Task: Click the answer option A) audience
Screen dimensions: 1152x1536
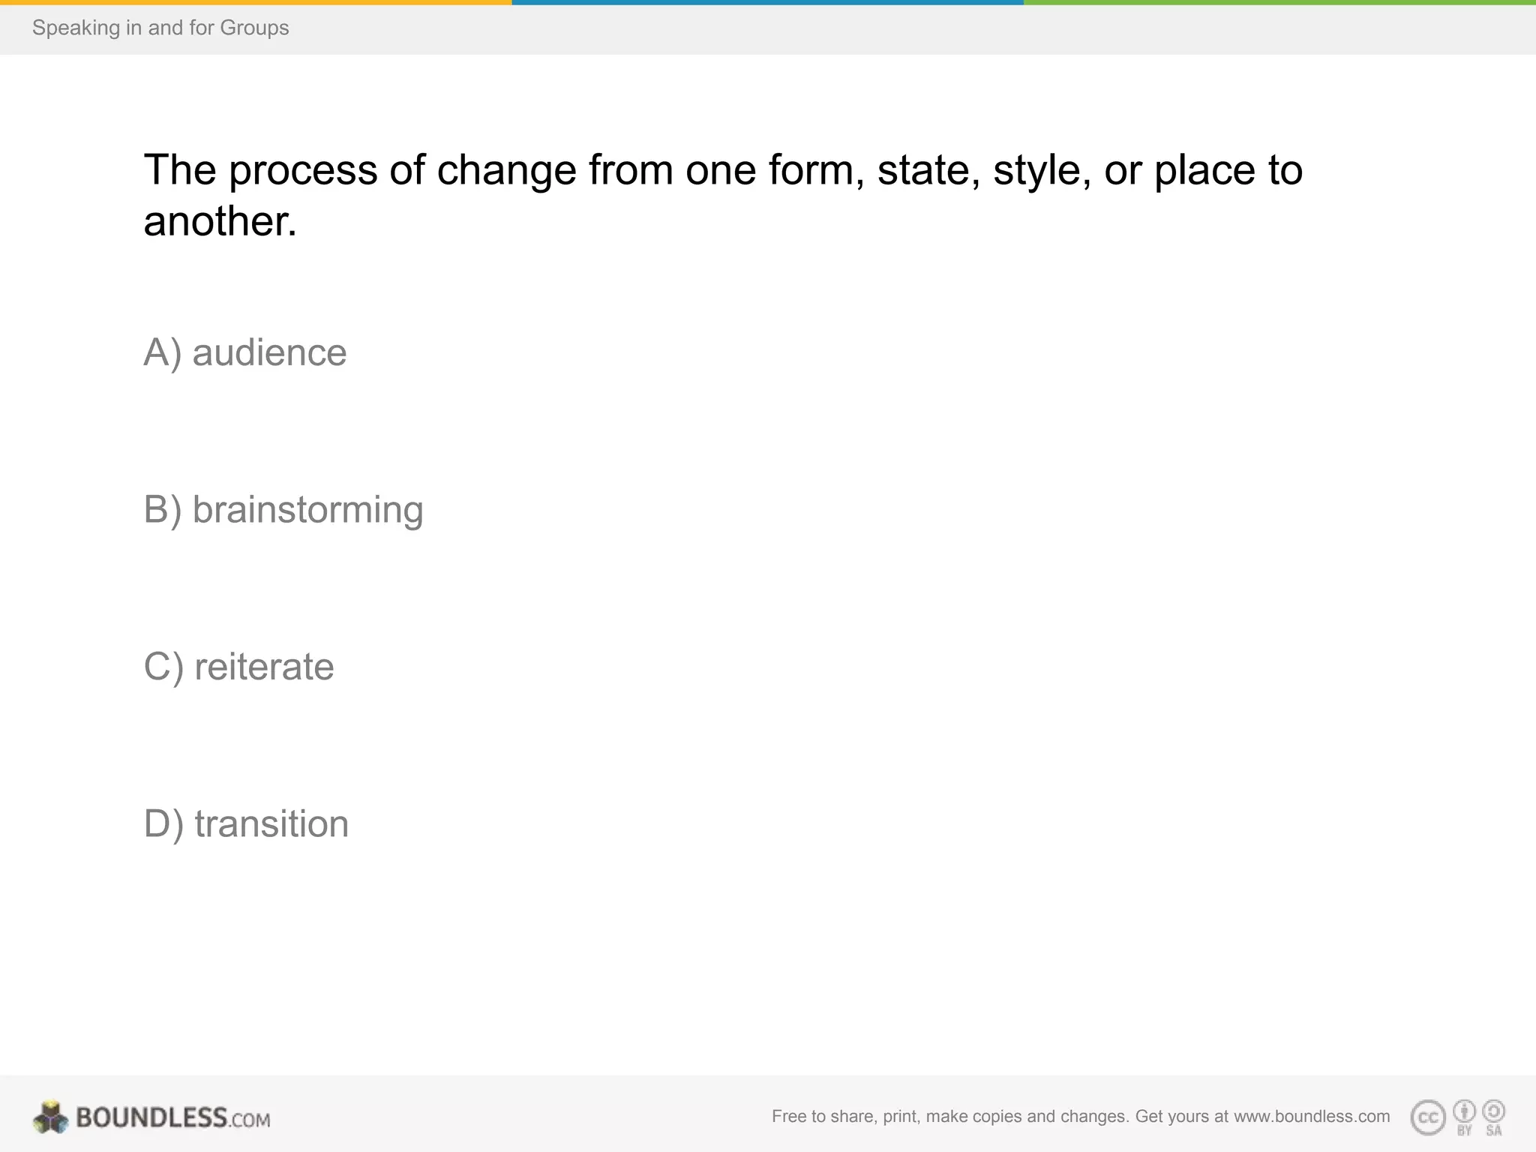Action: [244, 352]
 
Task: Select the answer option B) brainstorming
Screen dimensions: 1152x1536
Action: [283, 510]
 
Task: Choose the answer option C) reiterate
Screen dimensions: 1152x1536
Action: [238, 667]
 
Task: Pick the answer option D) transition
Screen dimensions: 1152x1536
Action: [246, 823]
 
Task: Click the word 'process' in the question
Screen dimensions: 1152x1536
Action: [303, 171]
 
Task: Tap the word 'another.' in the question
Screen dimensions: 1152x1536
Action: [220, 222]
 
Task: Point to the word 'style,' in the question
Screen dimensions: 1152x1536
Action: [1041, 171]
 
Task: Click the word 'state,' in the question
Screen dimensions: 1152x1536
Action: [928, 171]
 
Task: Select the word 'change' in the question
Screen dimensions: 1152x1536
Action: [506, 171]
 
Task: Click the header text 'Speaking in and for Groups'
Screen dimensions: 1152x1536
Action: [160, 28]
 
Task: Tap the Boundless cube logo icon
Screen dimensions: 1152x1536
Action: [50, 1117]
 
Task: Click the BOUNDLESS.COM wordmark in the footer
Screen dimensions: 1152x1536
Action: [172, 1118]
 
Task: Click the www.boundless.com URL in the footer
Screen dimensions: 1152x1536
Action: [1312, 1117]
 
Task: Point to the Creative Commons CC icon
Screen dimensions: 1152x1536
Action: [1428, 1117]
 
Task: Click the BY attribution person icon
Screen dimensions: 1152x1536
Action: [1464, 1111]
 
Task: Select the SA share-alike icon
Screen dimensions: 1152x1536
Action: [1494, 1111]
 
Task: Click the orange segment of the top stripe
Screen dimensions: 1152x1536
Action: [256, 2]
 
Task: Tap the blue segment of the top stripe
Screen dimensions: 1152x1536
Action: [767, 2]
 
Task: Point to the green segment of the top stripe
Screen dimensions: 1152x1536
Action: [1279, 2]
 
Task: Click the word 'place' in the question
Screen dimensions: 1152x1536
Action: [1204, 171]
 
